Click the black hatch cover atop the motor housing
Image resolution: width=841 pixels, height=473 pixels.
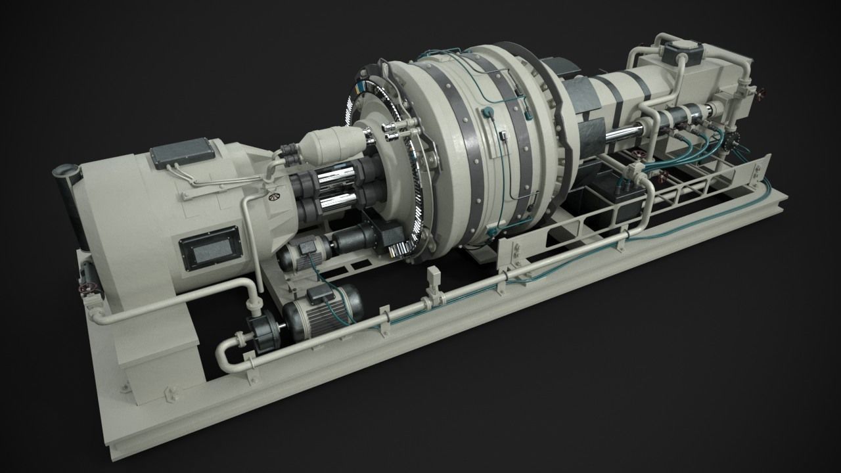[x=183, y=152]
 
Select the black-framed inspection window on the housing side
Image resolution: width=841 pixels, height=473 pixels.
[x=209, y=247]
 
